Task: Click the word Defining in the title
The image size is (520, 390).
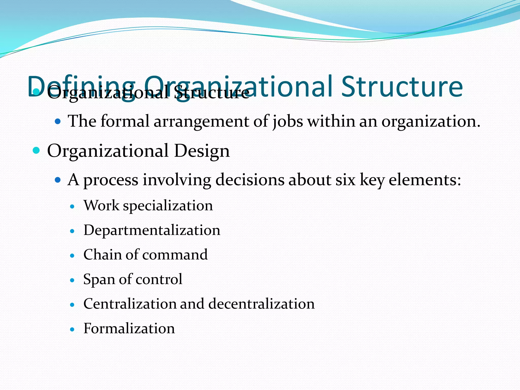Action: [x=81, y=87]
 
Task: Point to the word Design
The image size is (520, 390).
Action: [x=202, y=151]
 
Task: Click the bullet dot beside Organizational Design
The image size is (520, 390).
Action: [x=37, y=151]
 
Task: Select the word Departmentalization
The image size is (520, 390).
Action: [x=152, y=230]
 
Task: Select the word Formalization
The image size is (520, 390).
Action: [x=129, y=328]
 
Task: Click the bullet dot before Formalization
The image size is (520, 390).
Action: [x=72, y=330]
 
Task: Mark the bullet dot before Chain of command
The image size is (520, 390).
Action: [x=72, y=256]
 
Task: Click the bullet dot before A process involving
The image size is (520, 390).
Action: [x=58, y=180]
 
